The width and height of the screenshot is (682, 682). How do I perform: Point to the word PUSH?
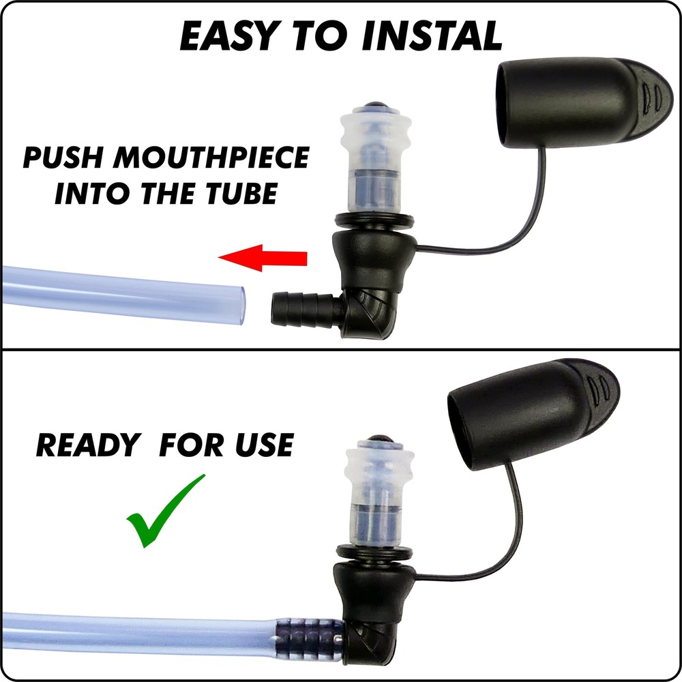[x=63, y=158]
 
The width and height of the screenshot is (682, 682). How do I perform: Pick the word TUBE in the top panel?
[x=240, y=194]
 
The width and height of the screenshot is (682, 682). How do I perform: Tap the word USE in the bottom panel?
[x=263, y=445]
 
